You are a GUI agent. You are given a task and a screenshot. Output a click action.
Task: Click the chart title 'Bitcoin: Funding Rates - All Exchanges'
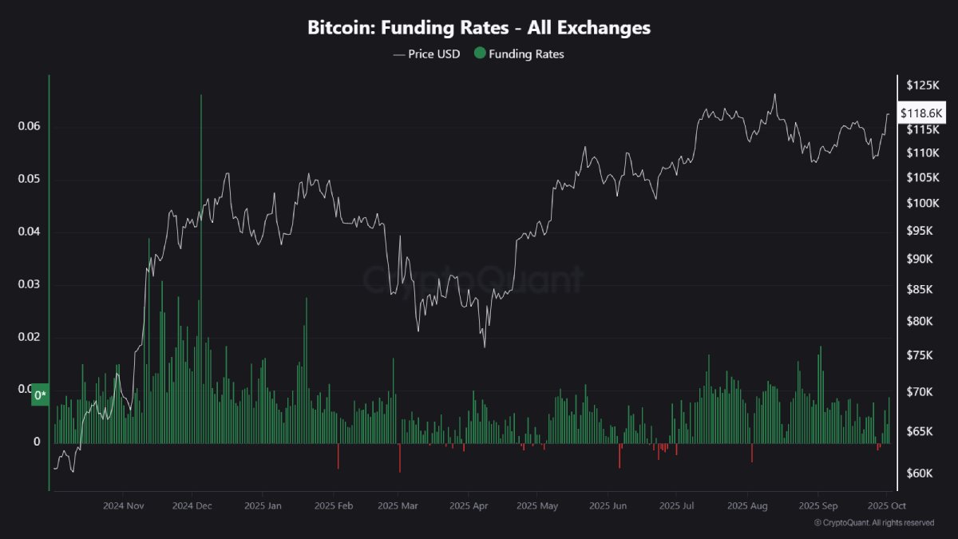point(479,27)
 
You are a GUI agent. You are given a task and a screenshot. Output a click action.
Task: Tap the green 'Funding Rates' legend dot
point(479,54)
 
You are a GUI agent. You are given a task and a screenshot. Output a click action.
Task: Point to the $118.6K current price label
point(921,113)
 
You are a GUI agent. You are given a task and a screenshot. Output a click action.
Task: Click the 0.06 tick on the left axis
point(29,127)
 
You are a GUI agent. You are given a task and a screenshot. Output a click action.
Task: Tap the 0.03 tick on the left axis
point(29,284)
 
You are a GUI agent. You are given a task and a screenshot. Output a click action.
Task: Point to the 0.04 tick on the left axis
point(29,232)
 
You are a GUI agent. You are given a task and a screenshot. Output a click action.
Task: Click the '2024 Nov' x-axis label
point(123,505)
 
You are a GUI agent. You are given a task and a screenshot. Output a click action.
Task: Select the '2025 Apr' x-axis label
point(469,505)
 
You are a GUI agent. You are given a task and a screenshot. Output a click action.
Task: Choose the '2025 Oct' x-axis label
point(885,505)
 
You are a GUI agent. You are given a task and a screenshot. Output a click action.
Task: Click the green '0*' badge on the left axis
point(41,394)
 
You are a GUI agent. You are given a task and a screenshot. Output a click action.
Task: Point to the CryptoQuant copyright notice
point(874,523)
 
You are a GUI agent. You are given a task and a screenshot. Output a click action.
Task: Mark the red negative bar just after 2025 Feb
point(338,456)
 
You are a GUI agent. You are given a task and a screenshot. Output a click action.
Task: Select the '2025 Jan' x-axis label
point(263,505)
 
